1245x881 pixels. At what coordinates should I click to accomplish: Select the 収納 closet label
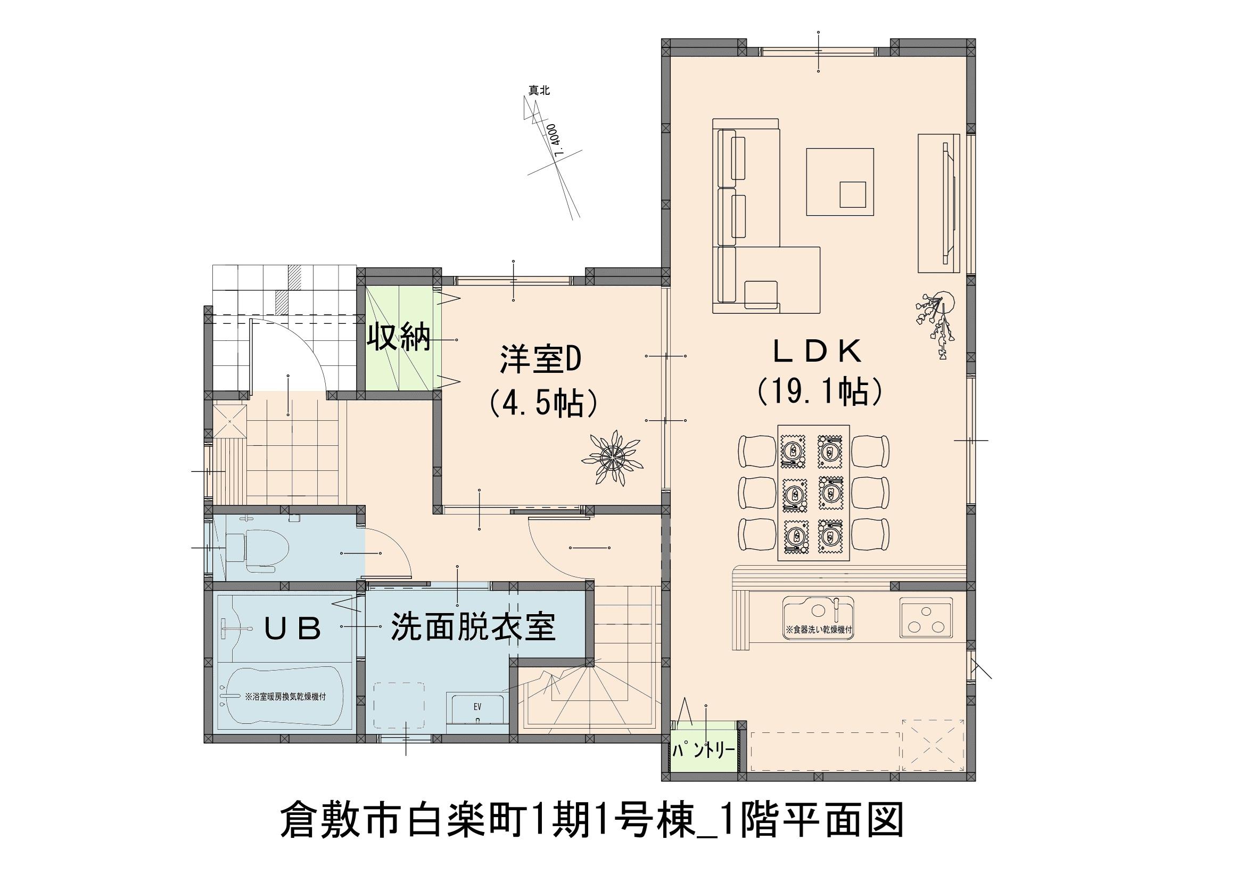399,339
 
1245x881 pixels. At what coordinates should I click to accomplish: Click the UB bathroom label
293,629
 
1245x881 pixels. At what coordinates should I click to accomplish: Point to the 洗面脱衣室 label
473,627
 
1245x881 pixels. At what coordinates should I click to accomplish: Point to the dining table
813,493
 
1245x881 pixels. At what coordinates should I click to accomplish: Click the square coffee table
840,182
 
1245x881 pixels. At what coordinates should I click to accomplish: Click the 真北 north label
540,91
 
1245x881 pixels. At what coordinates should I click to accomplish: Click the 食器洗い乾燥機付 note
820,631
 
